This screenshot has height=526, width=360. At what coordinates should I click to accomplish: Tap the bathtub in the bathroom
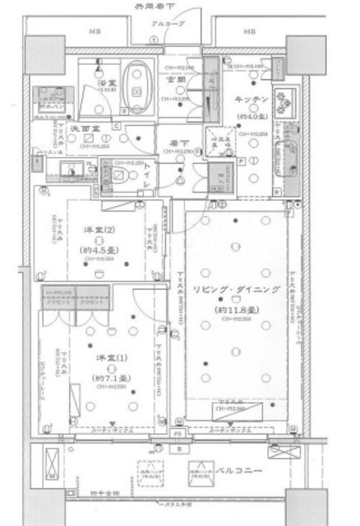[x=138, y=89]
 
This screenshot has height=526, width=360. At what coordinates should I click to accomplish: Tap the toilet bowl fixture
[x=121, y=175]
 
